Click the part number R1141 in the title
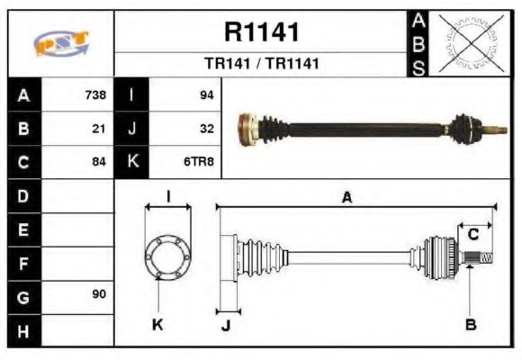click(261, 32)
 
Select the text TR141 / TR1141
click(261, 65)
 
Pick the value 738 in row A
click(95, 95)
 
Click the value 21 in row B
click(99, 129)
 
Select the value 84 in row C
click(99, 162)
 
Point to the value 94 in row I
click(206, 95)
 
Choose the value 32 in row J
click(206, 129)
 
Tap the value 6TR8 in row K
click(199, 162)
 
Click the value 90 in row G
click(99, 294)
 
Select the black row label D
click(23, 195)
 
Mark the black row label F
click(23, 262)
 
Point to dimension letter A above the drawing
click(346, 197)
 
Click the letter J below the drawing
click(225, 325)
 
